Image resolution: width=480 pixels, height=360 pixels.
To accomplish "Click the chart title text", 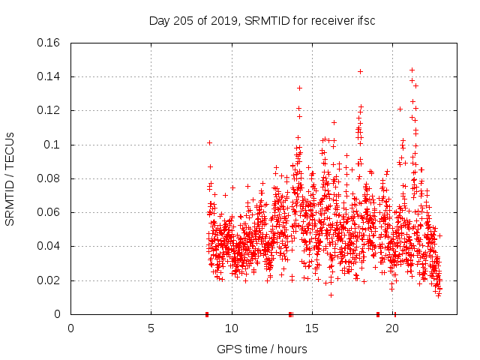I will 262,20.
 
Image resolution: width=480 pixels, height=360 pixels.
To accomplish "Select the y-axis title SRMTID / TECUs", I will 10,178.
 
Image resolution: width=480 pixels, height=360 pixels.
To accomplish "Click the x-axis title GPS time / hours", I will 262,349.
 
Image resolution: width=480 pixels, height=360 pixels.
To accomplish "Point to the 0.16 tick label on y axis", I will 49,43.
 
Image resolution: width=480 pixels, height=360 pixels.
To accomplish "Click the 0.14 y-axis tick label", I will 49,76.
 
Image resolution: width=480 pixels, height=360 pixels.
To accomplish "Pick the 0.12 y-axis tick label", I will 49,111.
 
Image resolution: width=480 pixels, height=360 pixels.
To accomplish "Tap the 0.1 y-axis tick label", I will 54,145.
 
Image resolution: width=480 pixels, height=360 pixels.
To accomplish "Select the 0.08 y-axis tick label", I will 49,178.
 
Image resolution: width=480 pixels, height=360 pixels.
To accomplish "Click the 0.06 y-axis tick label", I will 49,213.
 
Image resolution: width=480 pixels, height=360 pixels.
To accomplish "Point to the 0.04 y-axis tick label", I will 49,247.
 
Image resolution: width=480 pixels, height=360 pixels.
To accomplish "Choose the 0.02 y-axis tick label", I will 49,280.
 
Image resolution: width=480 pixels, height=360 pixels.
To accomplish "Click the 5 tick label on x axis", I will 151,328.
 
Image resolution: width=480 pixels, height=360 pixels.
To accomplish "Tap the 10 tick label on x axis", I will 232,328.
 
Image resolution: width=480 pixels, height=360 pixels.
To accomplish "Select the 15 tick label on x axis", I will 313,328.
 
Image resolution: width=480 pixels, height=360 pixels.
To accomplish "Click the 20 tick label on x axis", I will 393,328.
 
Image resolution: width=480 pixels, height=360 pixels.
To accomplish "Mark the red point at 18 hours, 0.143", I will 361,71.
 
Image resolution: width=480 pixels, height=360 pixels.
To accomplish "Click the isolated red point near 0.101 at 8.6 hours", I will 210,142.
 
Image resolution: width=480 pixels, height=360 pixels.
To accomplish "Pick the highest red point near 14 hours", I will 299,88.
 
